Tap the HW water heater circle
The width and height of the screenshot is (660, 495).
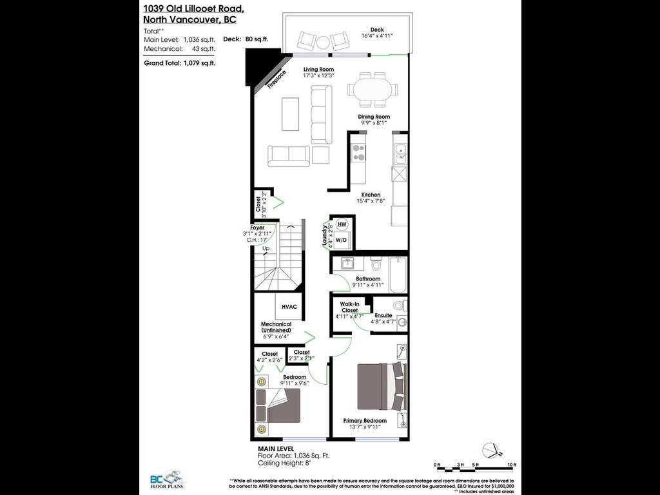point(342,224)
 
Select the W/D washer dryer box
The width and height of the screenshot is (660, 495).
point(342,240)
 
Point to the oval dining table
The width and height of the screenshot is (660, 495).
point(373,90)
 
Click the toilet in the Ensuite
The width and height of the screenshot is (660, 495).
point(398,305)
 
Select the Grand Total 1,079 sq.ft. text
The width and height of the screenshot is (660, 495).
point(179,63)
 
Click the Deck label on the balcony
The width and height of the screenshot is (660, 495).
point(377,29)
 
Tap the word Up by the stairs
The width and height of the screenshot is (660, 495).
point(265,248)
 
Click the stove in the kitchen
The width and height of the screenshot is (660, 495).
point(358,154)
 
